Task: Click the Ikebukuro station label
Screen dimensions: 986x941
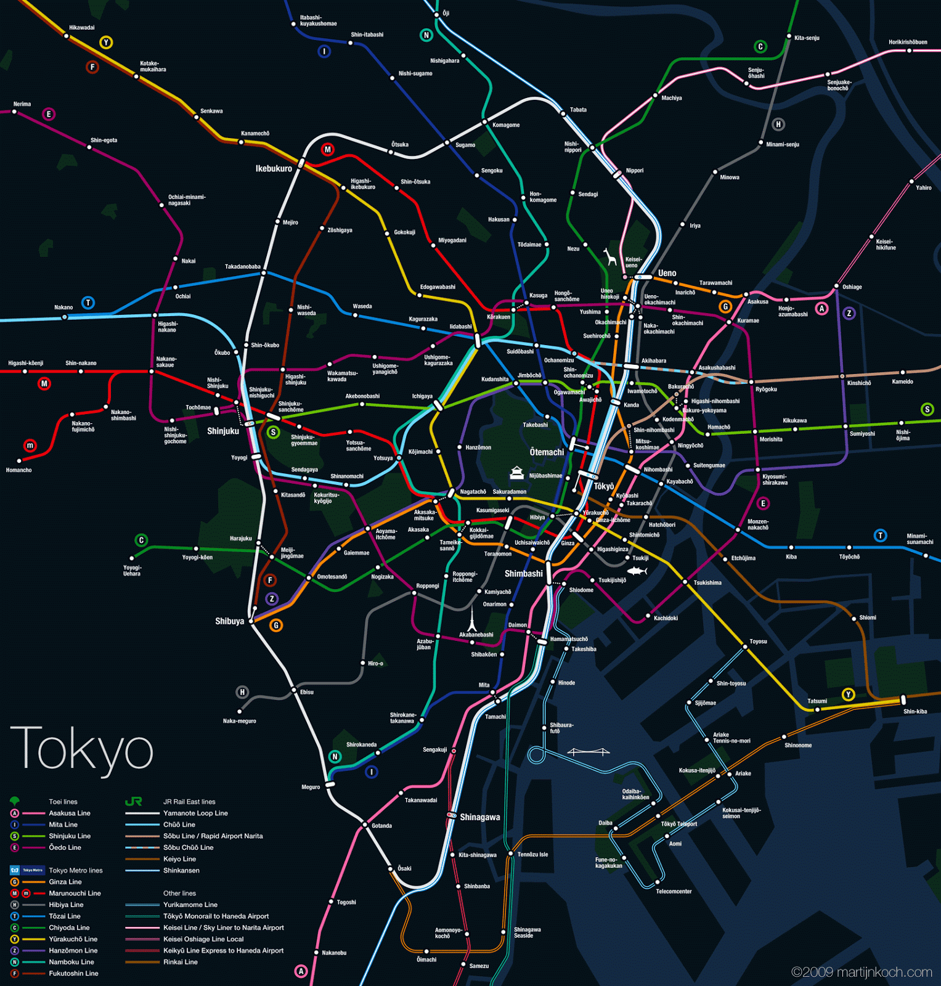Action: pyautogui.click(x=274, y=168)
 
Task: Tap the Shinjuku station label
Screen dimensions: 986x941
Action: pyautogui.click(x=222, y=431)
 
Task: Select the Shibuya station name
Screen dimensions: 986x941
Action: pyautogui.click(x=229, y=621)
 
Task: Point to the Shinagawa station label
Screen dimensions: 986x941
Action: pyautogui.click(x=479, y=817)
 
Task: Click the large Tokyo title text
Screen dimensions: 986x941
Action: pyautogui.click(x=81, y=748)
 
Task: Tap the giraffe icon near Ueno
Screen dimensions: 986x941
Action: pyautogui.click(x=610, y=256)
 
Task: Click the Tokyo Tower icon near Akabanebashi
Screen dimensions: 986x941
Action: pyautogui.click(x=471, y=618)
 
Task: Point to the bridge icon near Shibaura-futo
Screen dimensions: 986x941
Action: pyautogui.click(x=588, y=751)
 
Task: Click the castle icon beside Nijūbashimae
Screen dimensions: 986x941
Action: pyautogui.click(x=516, y=473)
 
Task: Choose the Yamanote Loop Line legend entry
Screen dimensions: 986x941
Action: pyautogui.click(x=195, y=813)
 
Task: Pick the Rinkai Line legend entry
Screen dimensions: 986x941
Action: pyautogui.click(x=180, y=962)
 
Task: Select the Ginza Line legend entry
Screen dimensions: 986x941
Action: pyautogui.click(x=65, y=882)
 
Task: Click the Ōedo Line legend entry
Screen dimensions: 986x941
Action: pyautogui.click(x=65, y=847)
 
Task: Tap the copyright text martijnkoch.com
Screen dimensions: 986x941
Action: pyautogui.click(x=861, y=972)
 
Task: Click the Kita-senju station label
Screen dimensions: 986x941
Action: pyautogui.click(x=807, y=38)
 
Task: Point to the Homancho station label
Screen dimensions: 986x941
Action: pyautogui.click(x=18, y=470)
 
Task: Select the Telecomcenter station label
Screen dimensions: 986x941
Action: pyautogui.click(x=674, y=891)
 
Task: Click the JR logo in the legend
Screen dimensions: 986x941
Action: pyautogui.click(x=134, y=801)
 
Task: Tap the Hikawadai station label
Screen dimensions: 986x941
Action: pyautogui.click(x=82, y=28)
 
